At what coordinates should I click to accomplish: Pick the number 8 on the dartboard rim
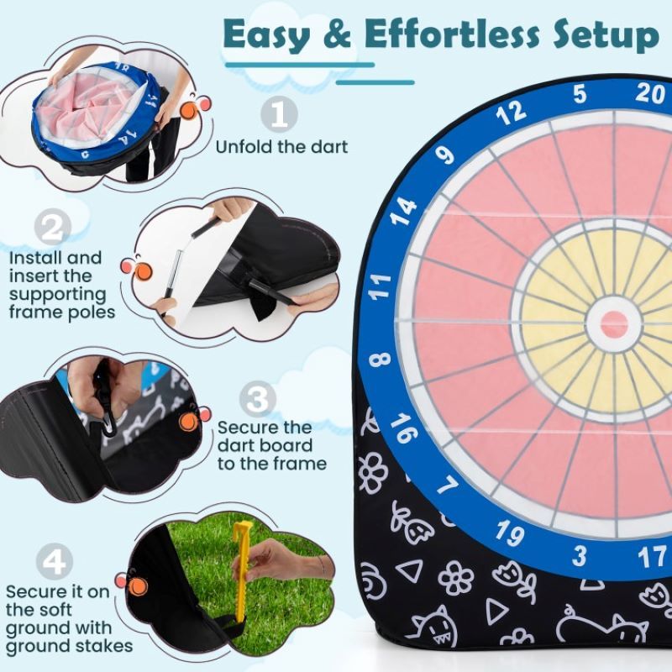[x=380, y=360]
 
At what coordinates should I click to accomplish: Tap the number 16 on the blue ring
[x=403, y=428]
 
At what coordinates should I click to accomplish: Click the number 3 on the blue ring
[x=580, y=555]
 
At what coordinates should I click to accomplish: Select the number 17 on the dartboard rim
[x=651, y=556]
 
